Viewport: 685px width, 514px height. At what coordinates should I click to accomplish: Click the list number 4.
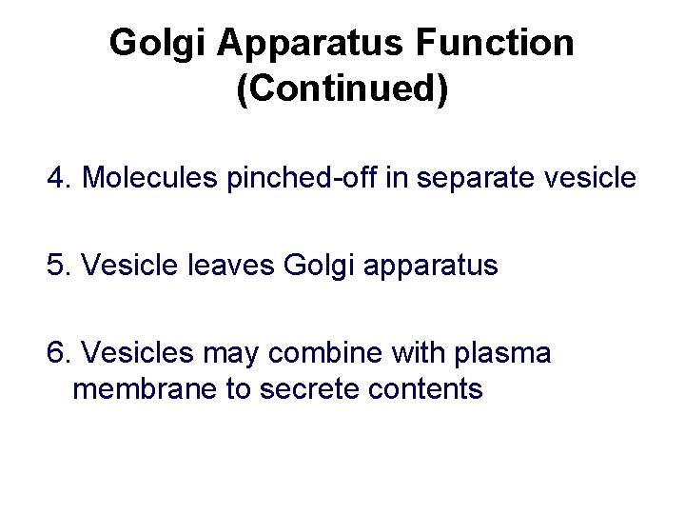coord(59,178)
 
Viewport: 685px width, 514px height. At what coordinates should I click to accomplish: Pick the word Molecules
coord(151,178)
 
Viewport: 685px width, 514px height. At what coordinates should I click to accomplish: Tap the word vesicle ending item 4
coord(590,178)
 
